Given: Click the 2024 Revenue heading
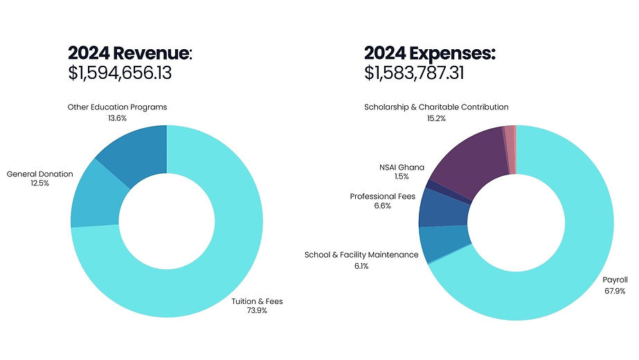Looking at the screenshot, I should [130, 53].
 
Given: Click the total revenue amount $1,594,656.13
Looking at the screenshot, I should [120, 73].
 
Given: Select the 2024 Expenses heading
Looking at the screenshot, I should [430, 53].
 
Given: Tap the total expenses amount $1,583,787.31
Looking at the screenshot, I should [414, 73].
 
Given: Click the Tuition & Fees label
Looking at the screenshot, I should [257, 301].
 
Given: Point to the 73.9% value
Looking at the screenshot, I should [257, 311].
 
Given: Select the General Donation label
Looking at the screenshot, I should [39, 174].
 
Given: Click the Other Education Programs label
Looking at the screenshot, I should [117, 107].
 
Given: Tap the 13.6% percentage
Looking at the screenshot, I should [117, 118].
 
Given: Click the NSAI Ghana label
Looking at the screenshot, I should [402, 167].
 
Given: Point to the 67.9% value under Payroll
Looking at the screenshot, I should [615, 291].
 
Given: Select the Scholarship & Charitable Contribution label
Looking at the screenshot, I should [436, 107].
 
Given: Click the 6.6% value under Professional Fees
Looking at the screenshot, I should [383, 206].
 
